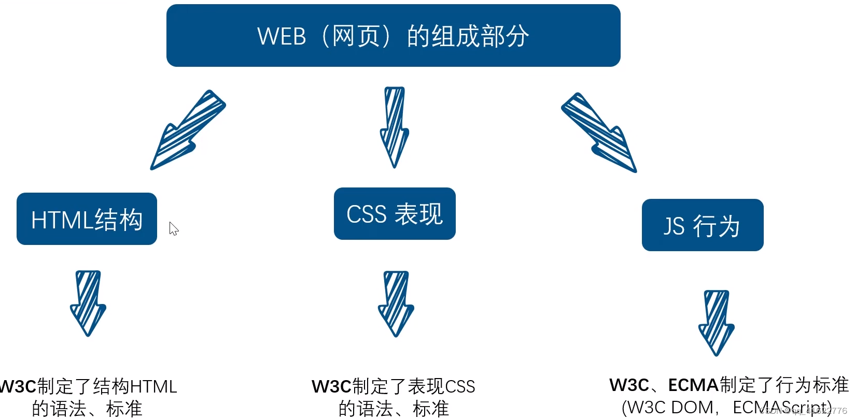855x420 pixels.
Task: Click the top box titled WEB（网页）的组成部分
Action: coord(393,35)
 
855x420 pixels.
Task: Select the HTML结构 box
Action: coord(87,219)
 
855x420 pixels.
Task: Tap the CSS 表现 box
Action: coord(395,213)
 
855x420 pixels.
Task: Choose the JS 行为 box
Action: coord(702,225)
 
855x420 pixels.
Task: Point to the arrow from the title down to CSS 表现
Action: coord(395,127)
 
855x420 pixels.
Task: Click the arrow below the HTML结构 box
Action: coord(88,303)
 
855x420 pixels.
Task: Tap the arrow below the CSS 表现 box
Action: coord(396,303)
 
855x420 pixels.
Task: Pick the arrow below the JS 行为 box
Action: coord(716,323)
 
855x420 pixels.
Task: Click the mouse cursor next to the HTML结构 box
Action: coord(174,228)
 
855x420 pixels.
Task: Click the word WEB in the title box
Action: coord(282,37)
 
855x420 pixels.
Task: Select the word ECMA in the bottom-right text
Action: coord(693,385)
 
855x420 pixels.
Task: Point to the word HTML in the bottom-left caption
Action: coord(153,387)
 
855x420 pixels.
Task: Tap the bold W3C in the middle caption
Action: coord(331,387)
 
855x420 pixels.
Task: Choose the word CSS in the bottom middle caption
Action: coord(460,387)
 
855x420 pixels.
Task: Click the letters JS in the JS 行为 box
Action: coord(674,226)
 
